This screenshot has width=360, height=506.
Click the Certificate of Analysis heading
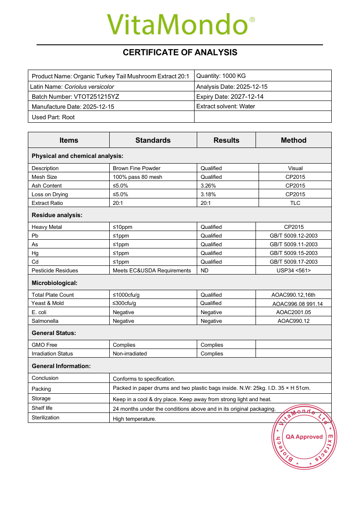180,53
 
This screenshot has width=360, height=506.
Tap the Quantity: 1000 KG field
221,76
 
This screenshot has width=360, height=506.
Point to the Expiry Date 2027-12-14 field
230,97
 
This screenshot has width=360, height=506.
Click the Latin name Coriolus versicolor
89,87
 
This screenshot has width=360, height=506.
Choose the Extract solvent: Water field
225,106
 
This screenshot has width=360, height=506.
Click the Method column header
293,140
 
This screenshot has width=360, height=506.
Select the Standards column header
153,140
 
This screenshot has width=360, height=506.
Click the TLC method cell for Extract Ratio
295,203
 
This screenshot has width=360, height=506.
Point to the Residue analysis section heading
57,215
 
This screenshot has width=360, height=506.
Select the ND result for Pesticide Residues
205,271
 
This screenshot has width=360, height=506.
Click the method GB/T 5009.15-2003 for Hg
293,253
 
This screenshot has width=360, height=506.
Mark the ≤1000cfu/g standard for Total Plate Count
126,295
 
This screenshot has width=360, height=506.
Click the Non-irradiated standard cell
130,354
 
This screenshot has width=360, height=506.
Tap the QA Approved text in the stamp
304,437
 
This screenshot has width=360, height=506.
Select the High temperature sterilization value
134,419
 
